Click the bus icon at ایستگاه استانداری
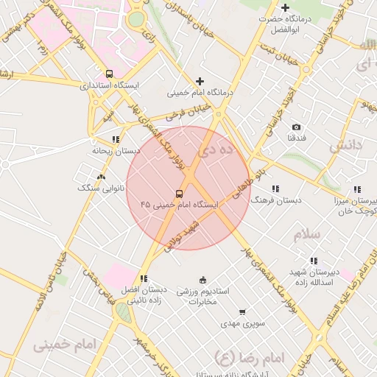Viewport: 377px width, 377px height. pyautogui.click(x=110, y=74)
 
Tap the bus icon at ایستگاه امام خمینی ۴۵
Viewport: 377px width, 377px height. pyautogui.click(x=180, y=194)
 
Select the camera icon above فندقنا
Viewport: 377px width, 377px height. pyautogui.click(x=296, y=127)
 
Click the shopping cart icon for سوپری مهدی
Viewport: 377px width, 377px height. pyautogui.click(x=243, y=312)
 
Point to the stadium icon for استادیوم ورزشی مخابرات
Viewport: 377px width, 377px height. pyautogui.click(x=203, y=280)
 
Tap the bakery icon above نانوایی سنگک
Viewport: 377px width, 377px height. pyautogui.click(x=101, y=177)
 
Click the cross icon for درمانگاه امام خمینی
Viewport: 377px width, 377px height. pyautogui.click(x=200, y=81)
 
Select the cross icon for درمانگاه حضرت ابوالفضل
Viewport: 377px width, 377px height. pyautogui.click(x=285, y=7)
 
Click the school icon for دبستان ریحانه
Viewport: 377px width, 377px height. pyautogui.click(x=116, y=138)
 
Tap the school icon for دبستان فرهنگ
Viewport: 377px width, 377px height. pyautogui.click(x=276, y=188)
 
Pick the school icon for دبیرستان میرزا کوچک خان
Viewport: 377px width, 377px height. pyautogui.click(x=357, y=189)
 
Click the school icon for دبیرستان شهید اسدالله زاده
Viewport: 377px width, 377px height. pyautogui.click(x=314, y=261)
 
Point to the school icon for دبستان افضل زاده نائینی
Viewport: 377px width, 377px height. pyautogui.click(x=144, y=278)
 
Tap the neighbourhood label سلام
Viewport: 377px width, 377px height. pyautogui.click(x=308, y=234)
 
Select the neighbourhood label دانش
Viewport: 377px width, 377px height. pyautogui.click(x=346, y=145)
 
